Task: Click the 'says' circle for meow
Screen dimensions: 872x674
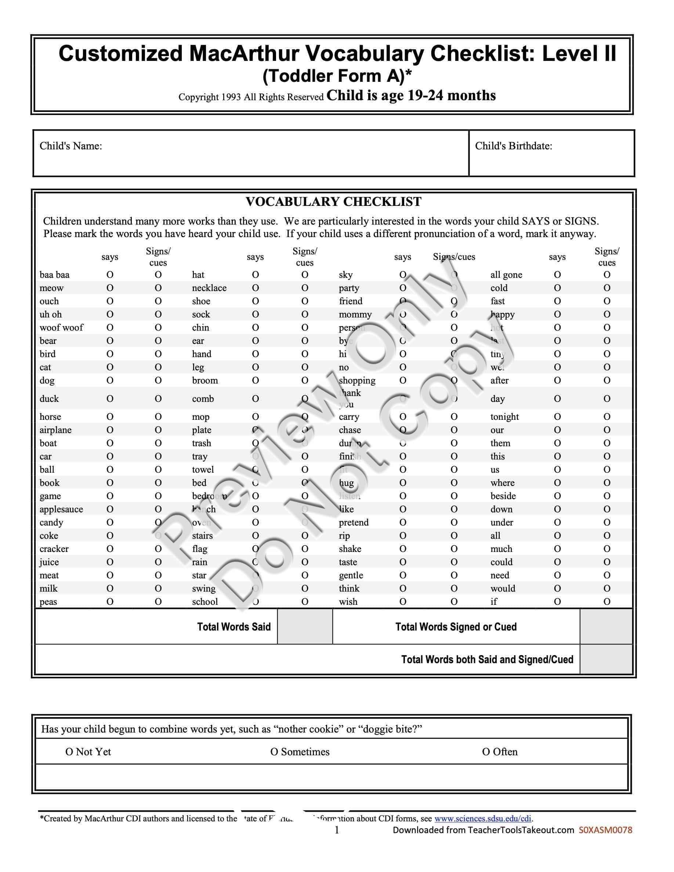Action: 110,288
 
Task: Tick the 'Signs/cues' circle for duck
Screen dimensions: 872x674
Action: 158,399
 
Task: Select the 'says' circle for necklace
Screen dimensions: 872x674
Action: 256,288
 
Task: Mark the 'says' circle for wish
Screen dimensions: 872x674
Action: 402,602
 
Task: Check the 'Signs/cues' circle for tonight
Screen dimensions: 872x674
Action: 607,417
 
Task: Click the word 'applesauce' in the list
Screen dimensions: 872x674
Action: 61,509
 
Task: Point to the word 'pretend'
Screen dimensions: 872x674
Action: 354,522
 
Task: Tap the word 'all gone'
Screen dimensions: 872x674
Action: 506,275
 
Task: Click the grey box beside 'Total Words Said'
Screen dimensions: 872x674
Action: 305,626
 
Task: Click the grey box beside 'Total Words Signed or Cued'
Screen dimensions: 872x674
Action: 606,626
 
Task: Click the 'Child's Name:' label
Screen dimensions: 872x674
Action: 71,146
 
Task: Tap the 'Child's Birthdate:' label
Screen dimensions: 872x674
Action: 514,146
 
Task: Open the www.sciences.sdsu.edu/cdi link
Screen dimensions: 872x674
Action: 483,818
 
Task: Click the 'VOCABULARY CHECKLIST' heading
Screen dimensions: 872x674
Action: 333,201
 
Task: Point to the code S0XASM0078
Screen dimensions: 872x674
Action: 605,830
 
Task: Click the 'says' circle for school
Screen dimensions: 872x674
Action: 256,602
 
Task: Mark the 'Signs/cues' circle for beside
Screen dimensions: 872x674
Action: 607,496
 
